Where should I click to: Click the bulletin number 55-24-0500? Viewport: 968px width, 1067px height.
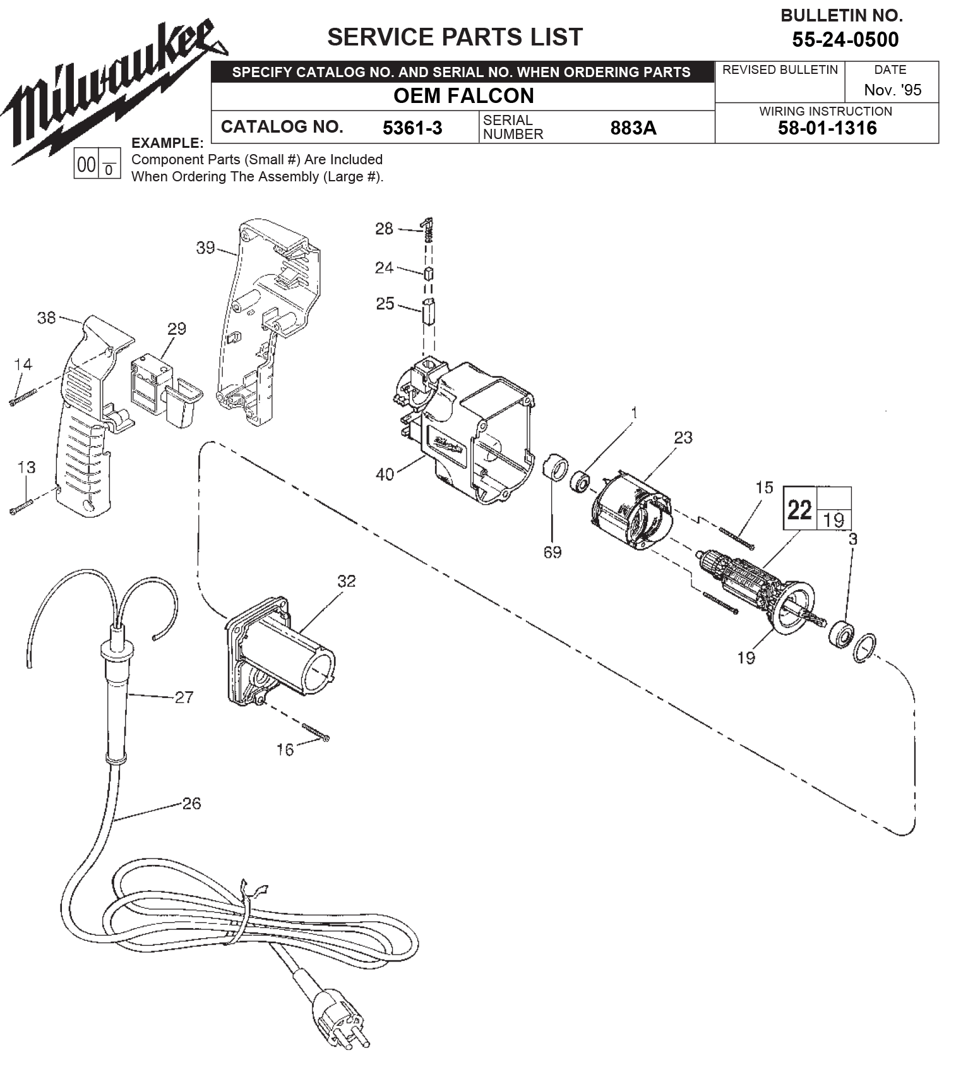845,40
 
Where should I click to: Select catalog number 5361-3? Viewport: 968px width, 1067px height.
412,128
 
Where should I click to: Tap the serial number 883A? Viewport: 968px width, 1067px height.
633,128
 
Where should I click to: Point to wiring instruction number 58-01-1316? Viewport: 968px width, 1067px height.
827,128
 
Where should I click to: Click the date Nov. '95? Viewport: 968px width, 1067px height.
892,90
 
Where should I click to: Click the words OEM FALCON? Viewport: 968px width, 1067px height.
463,96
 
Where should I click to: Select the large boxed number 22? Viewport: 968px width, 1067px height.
799,509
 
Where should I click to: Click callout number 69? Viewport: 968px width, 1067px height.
552,552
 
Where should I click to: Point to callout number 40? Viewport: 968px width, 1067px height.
385,474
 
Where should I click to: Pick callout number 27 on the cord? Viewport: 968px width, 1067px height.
184,697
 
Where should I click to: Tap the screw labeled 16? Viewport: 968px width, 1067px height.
316,733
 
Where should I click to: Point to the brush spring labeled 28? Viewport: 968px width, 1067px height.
429,229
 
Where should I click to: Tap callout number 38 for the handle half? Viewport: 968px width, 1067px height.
46,317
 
